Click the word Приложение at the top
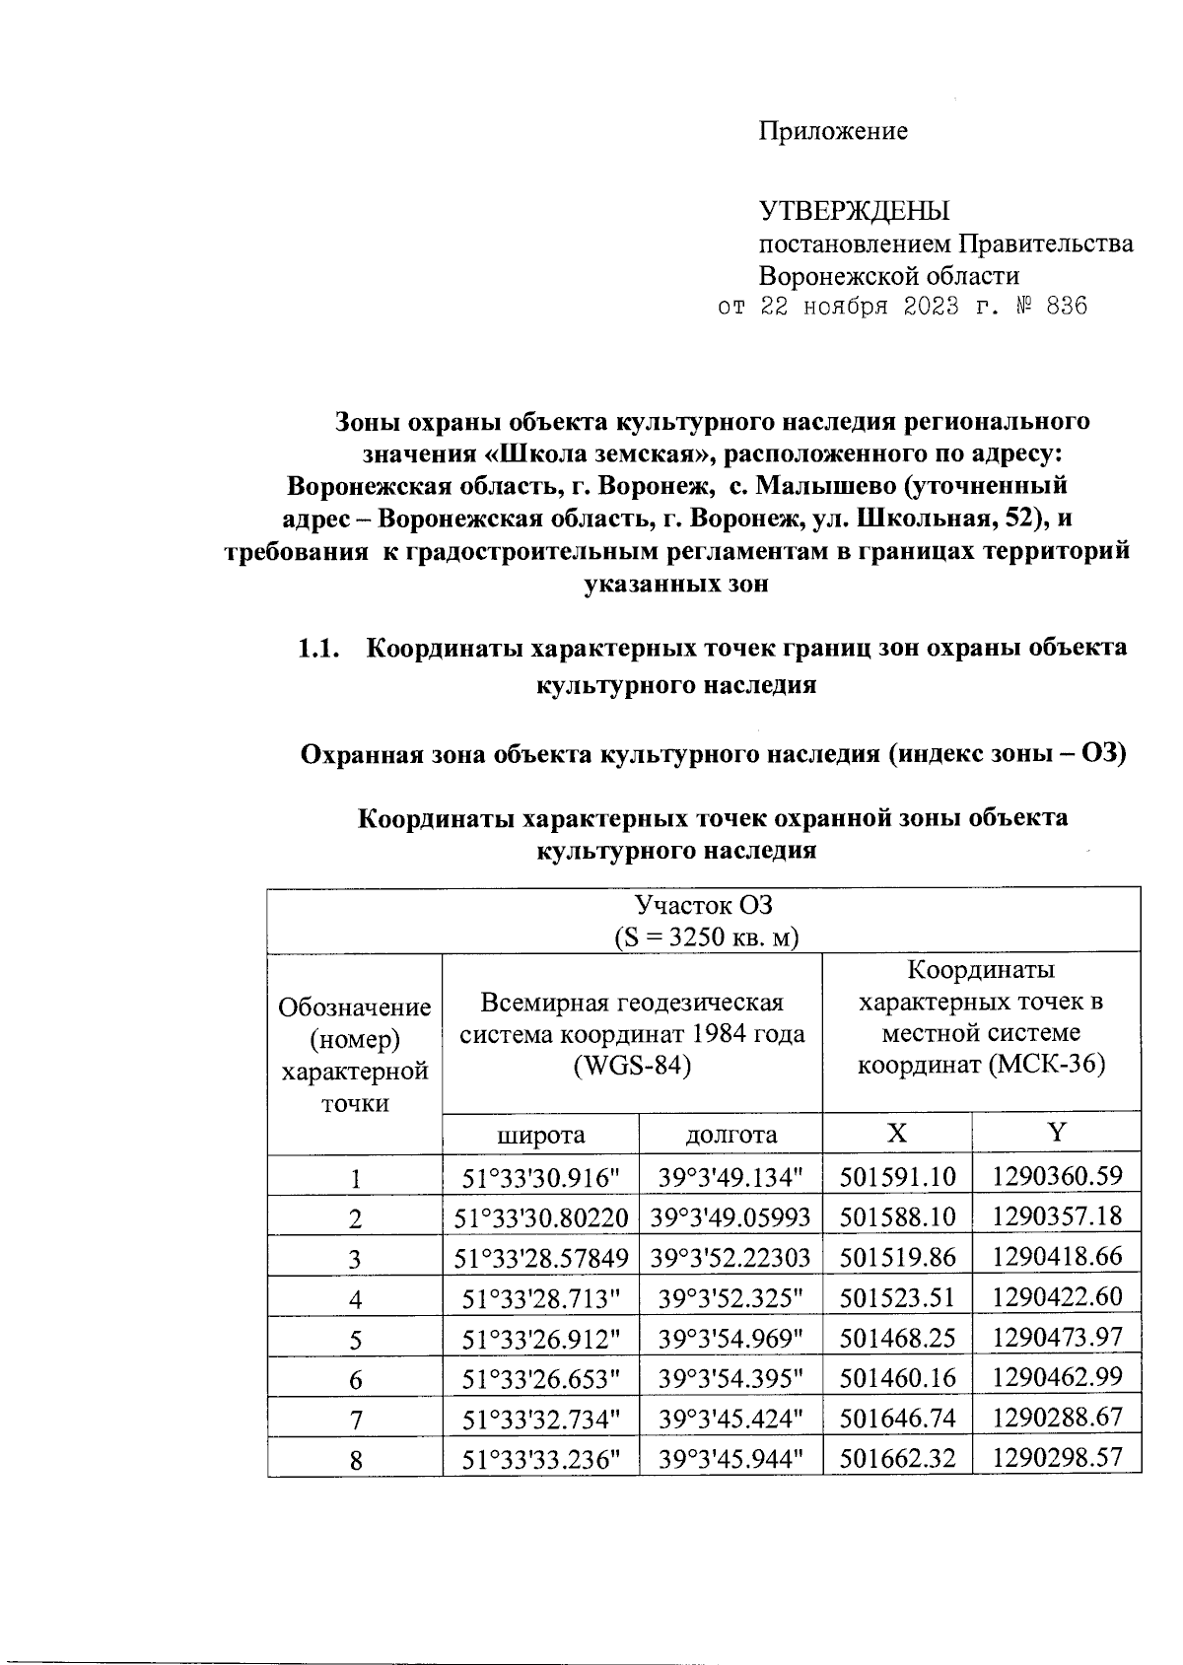[832, 131]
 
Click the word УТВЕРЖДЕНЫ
[854, 211]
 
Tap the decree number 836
[1066, 307]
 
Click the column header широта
[540, 1135]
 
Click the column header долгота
[731, 1135]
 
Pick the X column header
[896, 1133]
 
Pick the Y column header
[1057, 1133]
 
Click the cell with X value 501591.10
[897, 1175]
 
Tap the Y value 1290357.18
[1057, 1215]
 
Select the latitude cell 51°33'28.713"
[540, 1297]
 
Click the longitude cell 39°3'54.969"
[731, 1338]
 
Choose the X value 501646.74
[897, 1418]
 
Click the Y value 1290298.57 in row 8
[1057, 1458]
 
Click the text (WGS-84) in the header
[632, 1067]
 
